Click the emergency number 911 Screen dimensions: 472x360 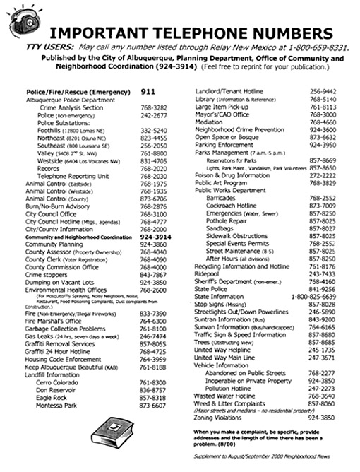click(x=148, y=92)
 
